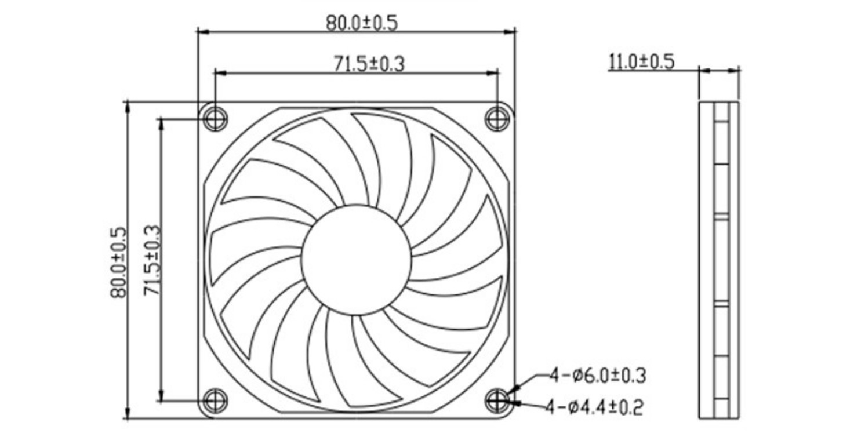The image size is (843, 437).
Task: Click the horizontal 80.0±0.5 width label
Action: [361, 23]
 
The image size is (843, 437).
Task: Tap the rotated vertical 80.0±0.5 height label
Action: [118, 262]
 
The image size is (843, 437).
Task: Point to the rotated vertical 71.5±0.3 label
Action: [152, 261]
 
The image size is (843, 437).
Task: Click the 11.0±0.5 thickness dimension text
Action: [641, 61]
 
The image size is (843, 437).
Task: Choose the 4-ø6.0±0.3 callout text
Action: [597, 376]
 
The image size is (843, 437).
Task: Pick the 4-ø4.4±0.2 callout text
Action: [595, 407]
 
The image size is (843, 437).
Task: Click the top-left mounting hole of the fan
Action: [215, 119]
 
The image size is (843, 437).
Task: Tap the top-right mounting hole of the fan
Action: [497, 119]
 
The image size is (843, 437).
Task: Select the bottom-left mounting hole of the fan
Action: [215, 400]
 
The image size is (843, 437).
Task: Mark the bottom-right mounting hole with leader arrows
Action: [497, 400]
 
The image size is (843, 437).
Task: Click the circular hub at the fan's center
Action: [357, 260]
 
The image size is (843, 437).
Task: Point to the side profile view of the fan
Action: [719, 260]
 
